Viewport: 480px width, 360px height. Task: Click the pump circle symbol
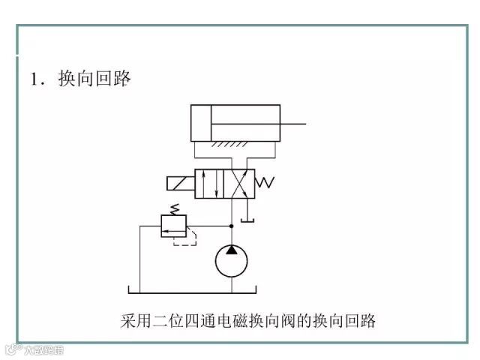[231, 261]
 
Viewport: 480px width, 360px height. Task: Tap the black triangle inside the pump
[231, 250]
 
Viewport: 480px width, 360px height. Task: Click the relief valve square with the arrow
[174, 225]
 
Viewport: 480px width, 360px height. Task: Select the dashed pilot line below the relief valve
[187, 241]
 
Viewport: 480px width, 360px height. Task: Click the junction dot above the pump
[231, 225]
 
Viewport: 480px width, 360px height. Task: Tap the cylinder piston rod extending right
[292, 123]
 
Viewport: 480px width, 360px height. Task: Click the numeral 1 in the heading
[34, 79]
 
